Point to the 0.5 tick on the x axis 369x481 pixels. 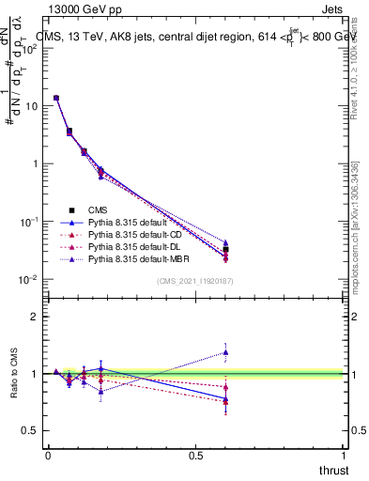click(x=196, y=455)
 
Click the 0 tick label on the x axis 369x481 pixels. click(x=48, y=455)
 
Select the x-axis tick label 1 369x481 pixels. click(x=345, y=455)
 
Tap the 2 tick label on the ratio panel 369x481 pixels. click(x=34, y=317)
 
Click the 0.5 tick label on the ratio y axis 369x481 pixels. click(x=29, y=430)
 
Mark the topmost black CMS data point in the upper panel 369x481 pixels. click(x=56, y=98)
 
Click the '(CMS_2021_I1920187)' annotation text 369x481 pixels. click(x=196, y=280)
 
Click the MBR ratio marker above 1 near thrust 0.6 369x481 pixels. click(x=225, y=352)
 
